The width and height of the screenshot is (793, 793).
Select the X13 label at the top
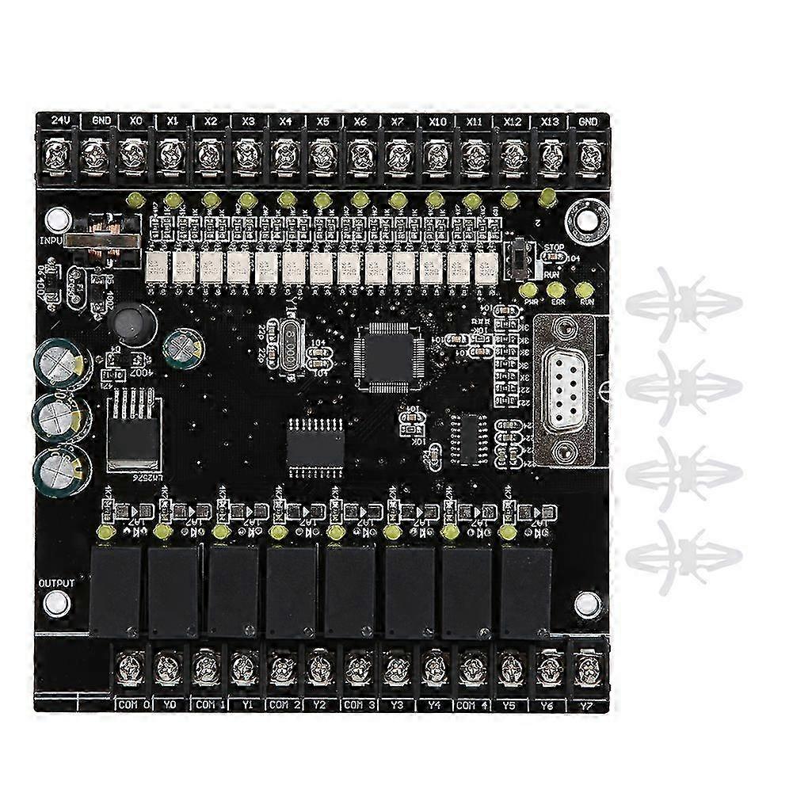550,121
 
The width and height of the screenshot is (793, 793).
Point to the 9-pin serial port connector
565,388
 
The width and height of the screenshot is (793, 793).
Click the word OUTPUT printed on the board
56,583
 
